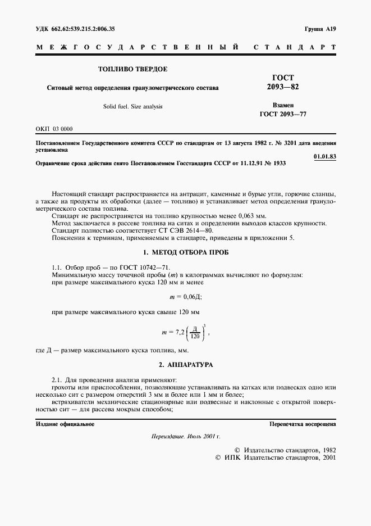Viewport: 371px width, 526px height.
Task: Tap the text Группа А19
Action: pos(319,29)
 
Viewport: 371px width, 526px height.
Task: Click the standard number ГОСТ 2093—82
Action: pos(283,83)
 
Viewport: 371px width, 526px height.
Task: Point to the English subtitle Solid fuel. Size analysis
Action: pos(132,106)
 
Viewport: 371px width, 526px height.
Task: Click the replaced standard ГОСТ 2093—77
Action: pos(283,114)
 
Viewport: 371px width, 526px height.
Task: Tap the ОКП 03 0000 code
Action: pos(54,129)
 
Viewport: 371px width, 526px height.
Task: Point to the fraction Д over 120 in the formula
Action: pos(195,332)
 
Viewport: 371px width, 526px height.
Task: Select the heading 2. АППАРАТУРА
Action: pos(185,365)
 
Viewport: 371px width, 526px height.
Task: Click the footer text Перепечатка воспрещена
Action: pos(303,424)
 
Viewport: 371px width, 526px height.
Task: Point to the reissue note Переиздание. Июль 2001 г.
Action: pos(186,437)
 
